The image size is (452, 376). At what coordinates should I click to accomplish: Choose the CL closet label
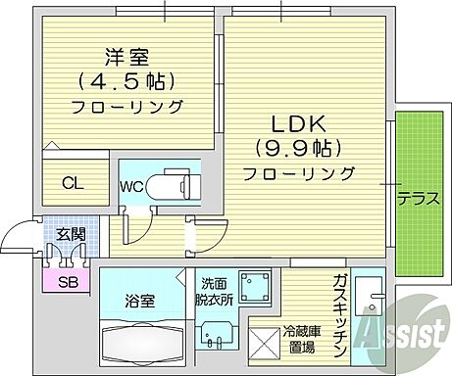coord(73,182)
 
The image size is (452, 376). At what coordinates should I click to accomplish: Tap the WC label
coord(134,184)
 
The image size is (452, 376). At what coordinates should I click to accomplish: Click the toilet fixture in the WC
coord(175,183)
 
